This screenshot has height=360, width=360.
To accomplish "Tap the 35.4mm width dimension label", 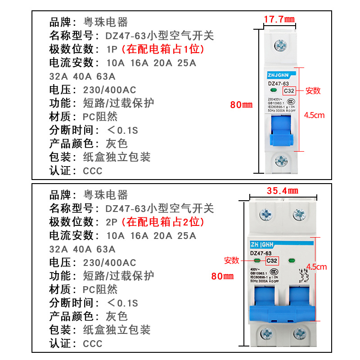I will tap(283, 190).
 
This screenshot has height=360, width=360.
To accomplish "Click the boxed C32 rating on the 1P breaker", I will tap(289, 90).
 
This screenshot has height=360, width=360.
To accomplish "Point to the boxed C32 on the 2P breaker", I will tap(271, 260).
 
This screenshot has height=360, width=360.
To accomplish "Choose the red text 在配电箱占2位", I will tap(166, 221).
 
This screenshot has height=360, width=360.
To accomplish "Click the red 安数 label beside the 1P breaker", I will tap(313, 90).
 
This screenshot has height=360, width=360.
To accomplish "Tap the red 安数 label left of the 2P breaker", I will tap(232, 260).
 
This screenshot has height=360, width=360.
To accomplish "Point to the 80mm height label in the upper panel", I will tap(242, 104).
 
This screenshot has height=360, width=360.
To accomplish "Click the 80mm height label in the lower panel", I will tap(222, 275).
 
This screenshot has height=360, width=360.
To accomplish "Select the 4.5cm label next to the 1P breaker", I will tap(314, 115).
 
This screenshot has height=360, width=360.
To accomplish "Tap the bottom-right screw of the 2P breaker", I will tap(299, 333).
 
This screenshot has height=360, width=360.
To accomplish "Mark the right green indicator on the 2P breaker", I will tap(291, 260).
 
